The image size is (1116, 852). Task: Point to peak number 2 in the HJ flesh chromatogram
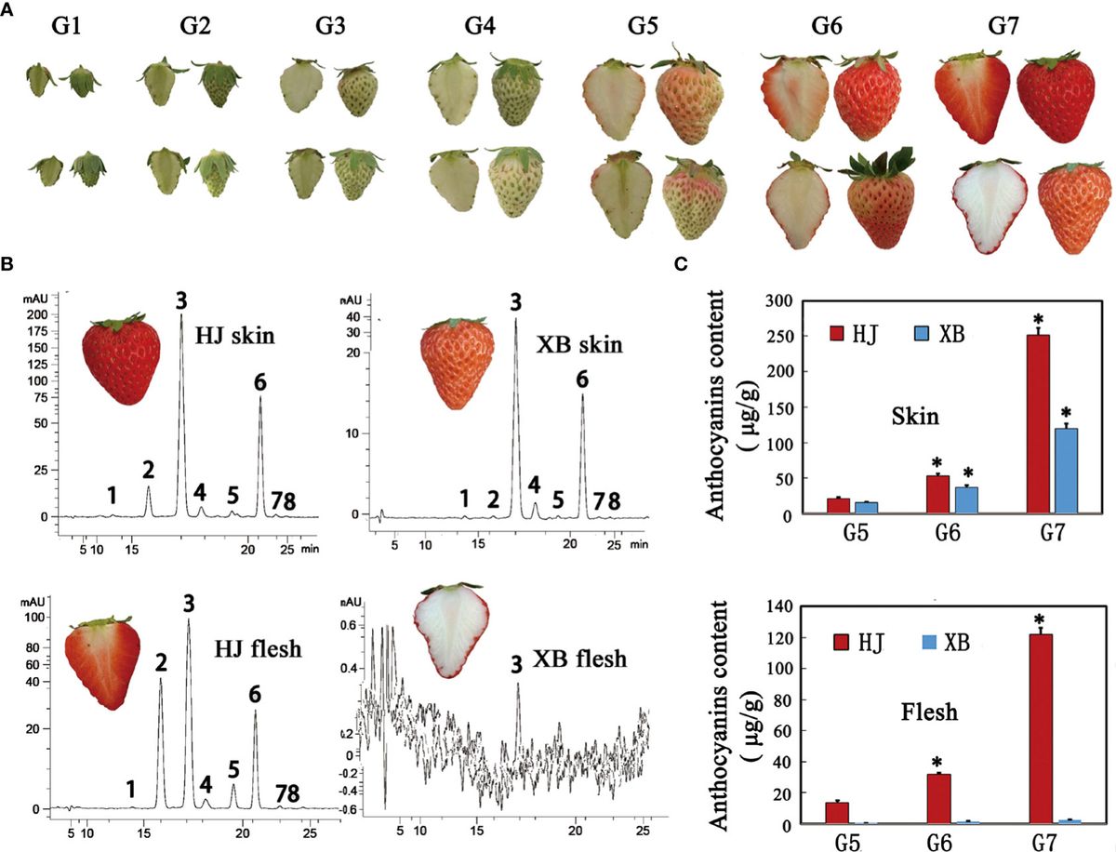click(161, 663)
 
